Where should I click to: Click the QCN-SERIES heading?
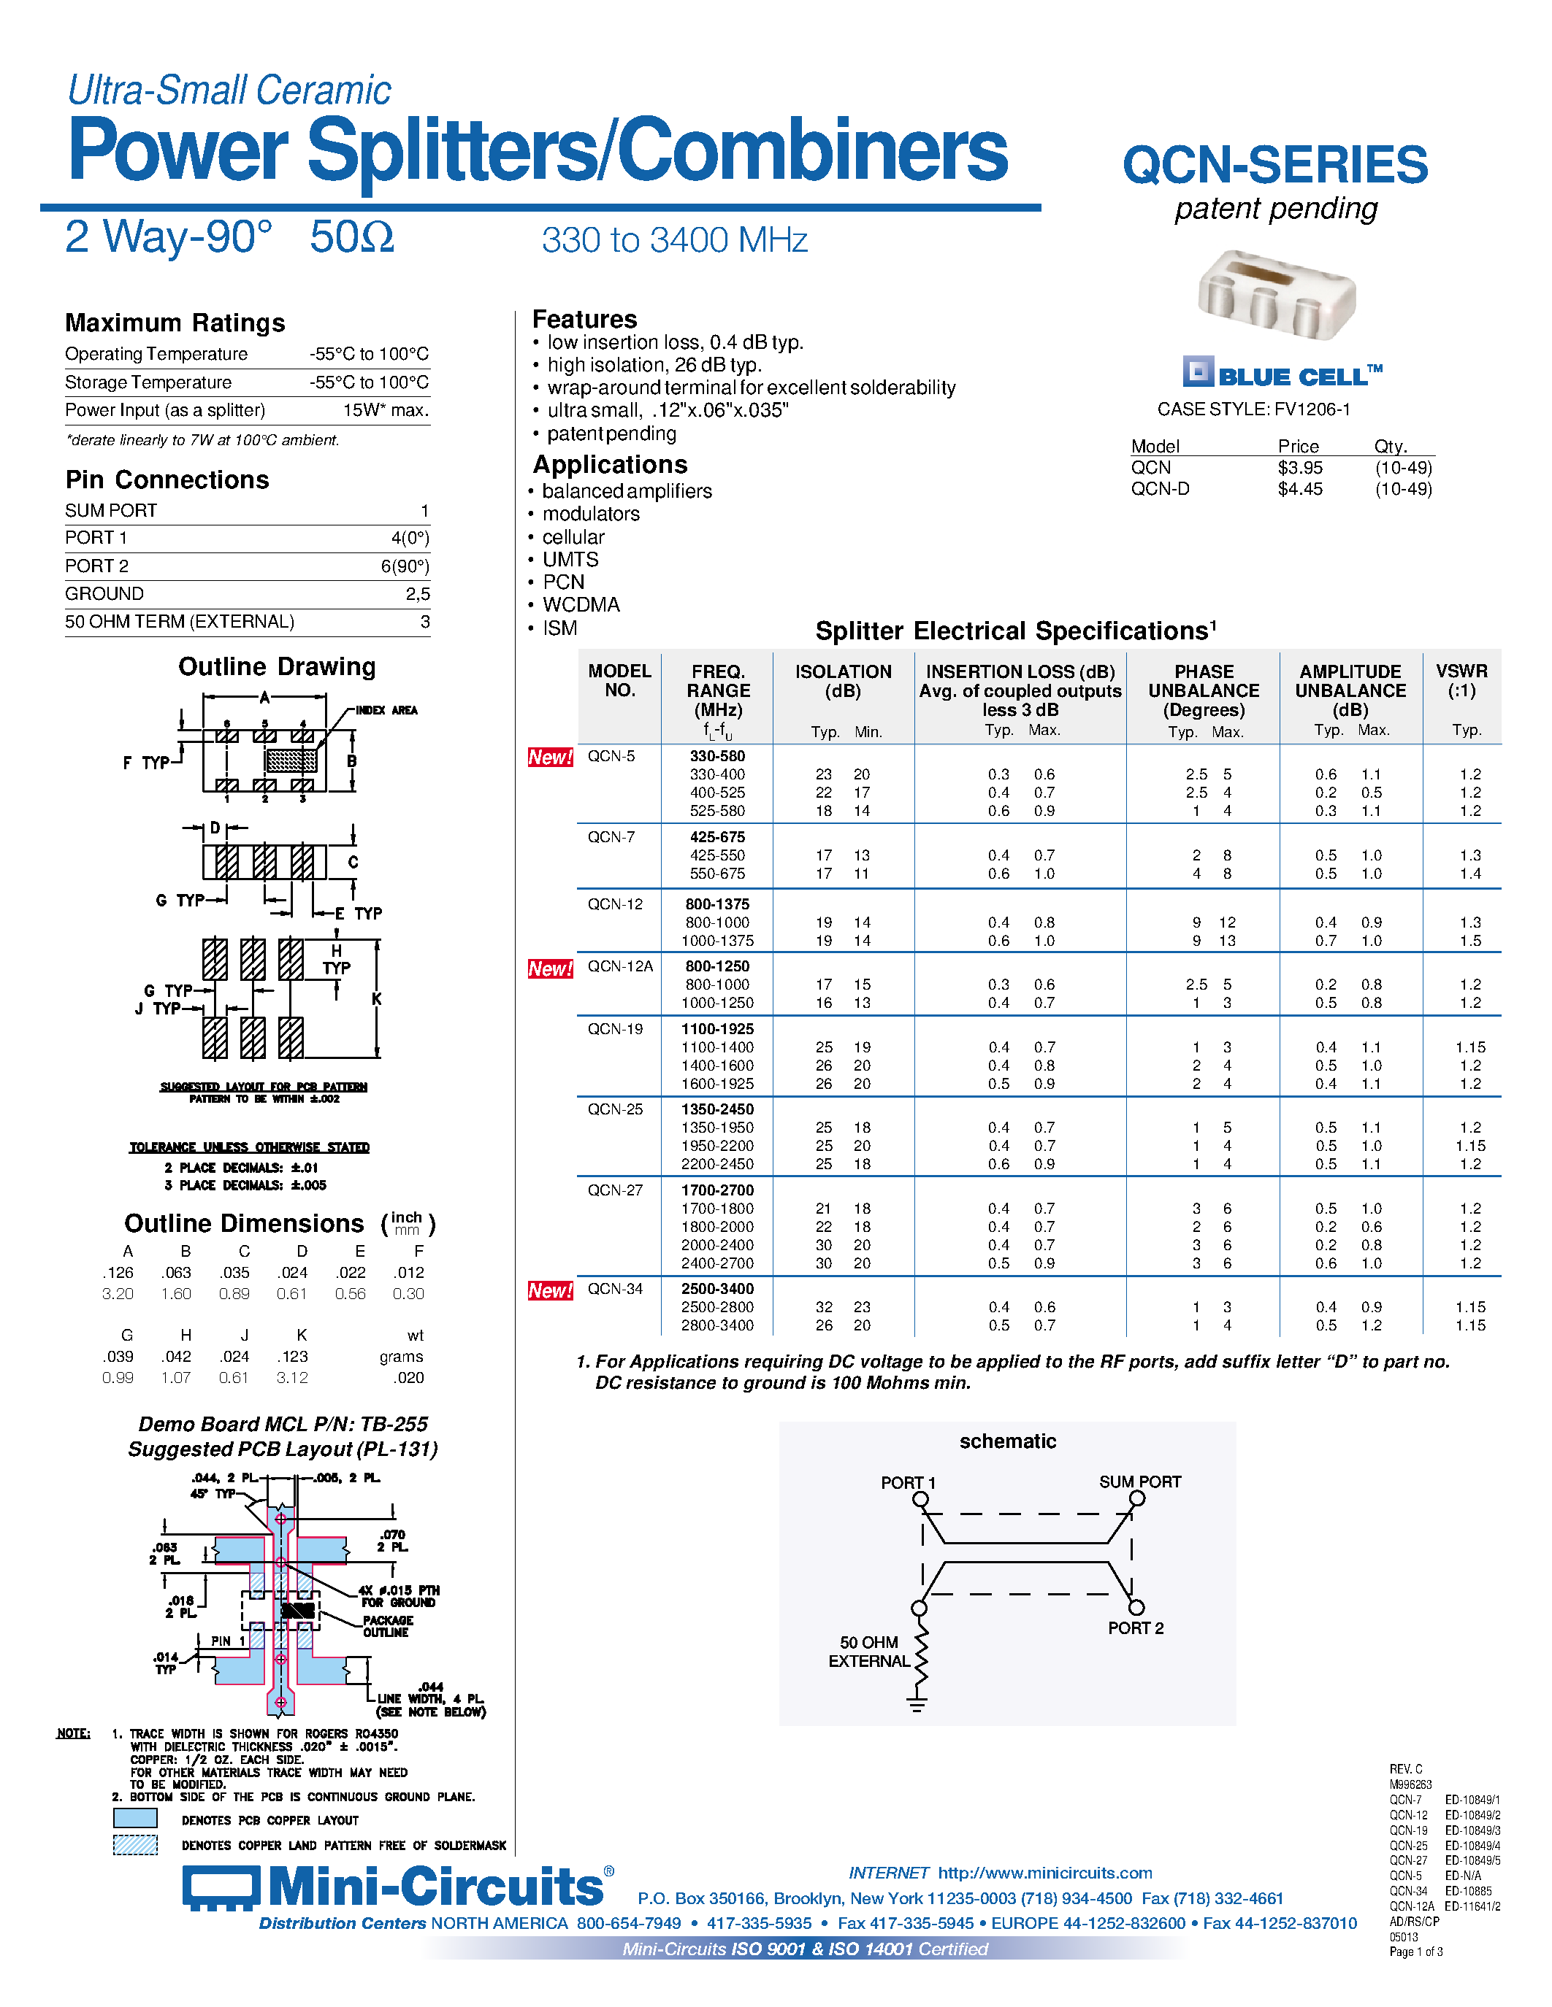pos(1274,166)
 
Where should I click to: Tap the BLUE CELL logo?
pos(1282,373)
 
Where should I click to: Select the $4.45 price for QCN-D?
pos(1299,489)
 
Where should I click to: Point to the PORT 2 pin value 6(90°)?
pos(405,566)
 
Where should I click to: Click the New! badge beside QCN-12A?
pos(550,968)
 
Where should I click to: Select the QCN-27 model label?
pos(615,1190)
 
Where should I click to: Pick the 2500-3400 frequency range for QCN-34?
pos(717,1288)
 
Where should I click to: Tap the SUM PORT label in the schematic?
pos(1139,1482)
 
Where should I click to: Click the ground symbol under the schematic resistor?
pos(917,1706)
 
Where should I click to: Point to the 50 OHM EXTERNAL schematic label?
pos(869,1652)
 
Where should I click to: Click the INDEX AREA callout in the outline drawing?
pos(386,710)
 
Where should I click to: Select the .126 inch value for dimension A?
pos(118,1273)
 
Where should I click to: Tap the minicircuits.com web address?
pos(1044,1873)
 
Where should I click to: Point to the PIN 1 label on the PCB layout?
pos(228,1641)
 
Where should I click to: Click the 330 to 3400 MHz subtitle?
pos(674,241)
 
